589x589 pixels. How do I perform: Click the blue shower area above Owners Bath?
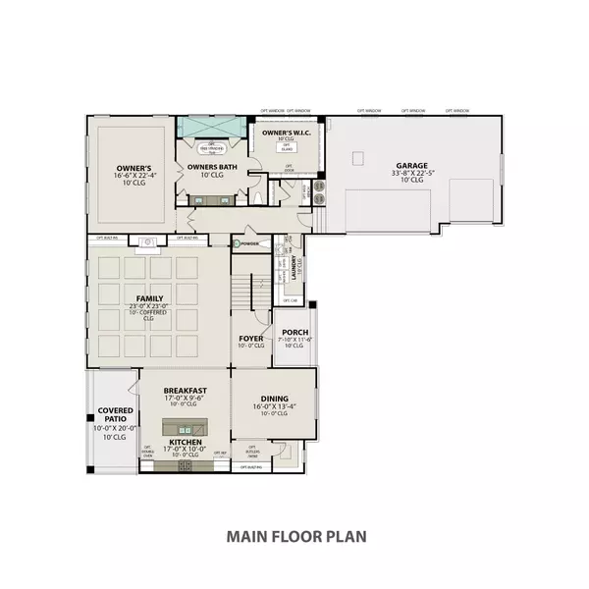click(211, 129)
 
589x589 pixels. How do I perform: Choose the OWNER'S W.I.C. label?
click(286, 131)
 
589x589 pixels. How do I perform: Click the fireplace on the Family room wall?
click(148, 239)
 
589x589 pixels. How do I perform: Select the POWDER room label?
click(249, 242)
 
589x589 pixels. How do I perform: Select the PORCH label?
click(294, 332)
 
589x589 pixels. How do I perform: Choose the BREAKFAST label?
click(185, 390)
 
